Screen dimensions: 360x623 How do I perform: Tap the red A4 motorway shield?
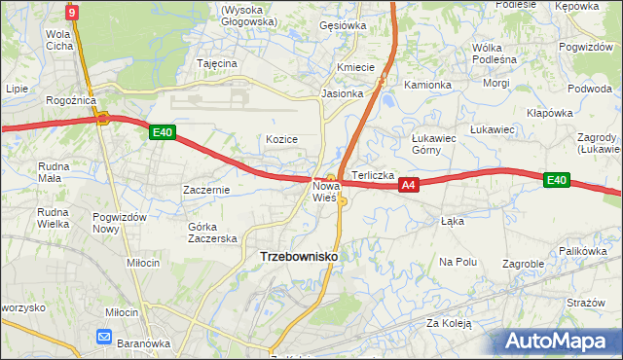(x=408, y=185)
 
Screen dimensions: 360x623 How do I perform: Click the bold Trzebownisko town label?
(x=299, y=256)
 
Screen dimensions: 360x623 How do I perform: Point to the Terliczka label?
(x=372, y=175)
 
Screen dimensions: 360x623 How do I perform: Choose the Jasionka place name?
(x=342, y=94)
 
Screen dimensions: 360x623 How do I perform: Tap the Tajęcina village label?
(x=217, y=63)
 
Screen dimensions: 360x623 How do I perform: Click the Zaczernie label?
(x=205, y=190)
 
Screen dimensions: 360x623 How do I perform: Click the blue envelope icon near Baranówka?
(x=105, y=337)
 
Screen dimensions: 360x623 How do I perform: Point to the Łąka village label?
(x=453, y=221)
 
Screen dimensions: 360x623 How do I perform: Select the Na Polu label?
(x=458, y=262)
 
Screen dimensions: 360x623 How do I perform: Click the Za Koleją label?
(x=448, y=323)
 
